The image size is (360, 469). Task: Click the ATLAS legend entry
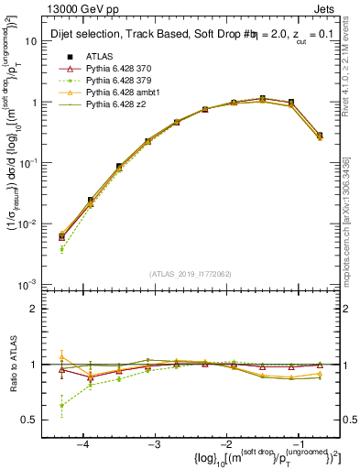click(98, 57)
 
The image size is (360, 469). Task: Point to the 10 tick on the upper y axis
click(34, 41)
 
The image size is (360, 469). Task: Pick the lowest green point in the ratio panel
click(61, 406)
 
